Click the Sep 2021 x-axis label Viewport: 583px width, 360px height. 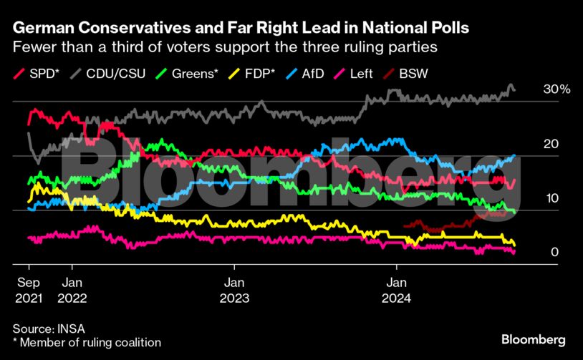(x=29, y=288)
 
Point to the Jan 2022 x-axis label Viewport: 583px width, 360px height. (x=72, y=288)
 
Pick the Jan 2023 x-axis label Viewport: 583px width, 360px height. (x=234, y=288)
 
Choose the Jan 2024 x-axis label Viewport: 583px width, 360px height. (x=397, y=288)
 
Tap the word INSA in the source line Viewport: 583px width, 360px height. (x=72, y=329)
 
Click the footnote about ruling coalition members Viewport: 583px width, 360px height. (x=87, y=343)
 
